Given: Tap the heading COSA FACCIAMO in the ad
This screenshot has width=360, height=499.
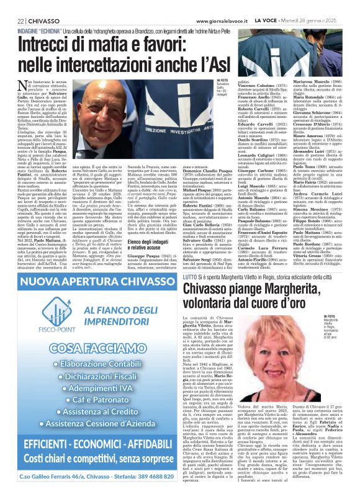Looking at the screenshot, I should [x=89, y=348].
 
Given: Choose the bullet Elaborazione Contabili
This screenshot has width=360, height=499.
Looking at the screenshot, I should [x=93, y=364].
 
